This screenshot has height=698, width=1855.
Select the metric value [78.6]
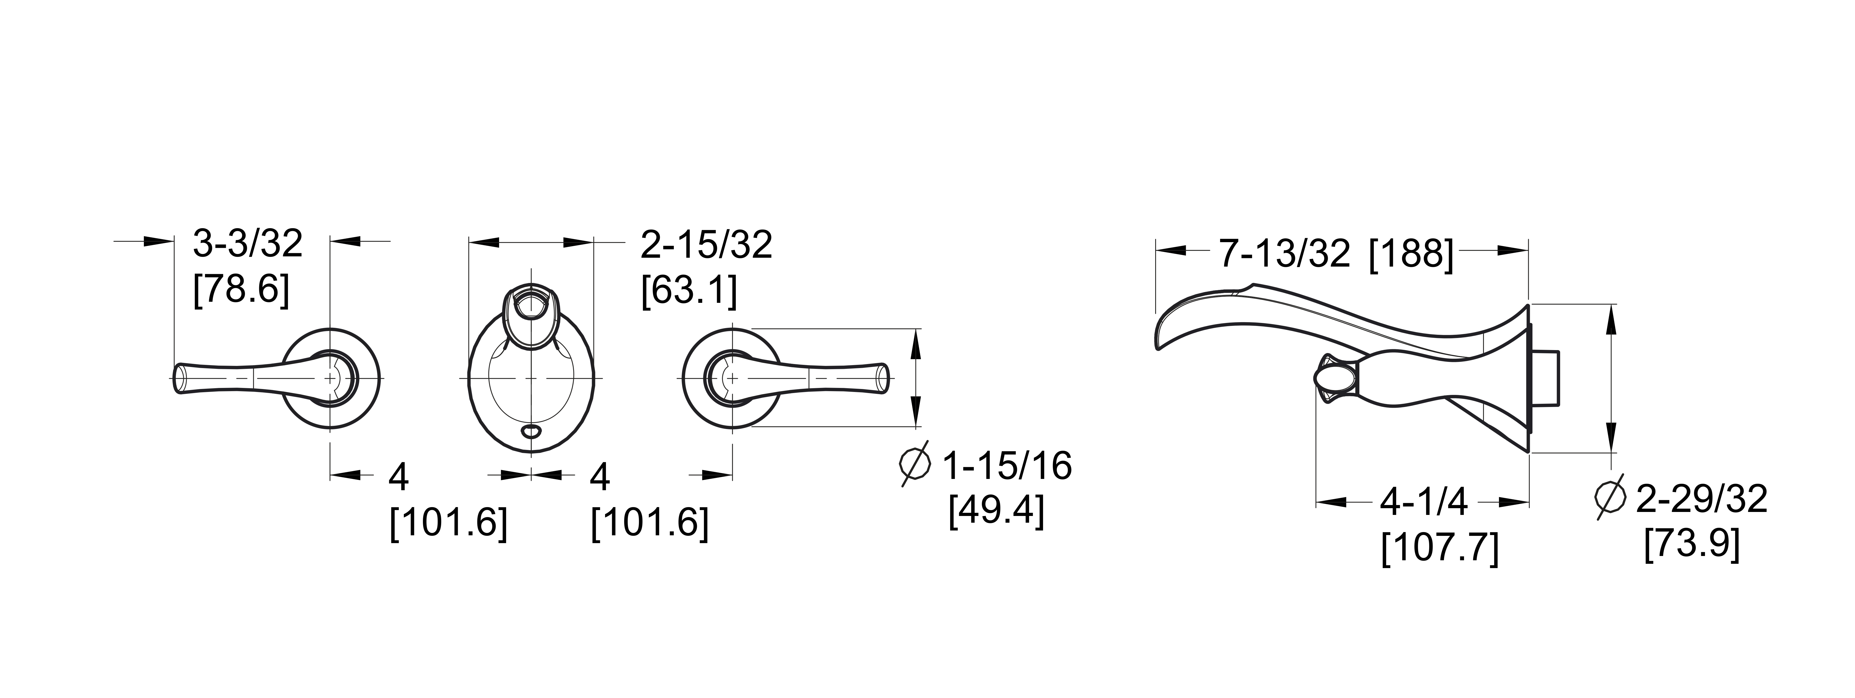[x=242, y=290]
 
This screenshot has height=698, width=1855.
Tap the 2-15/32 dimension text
[x=707, y=245]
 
